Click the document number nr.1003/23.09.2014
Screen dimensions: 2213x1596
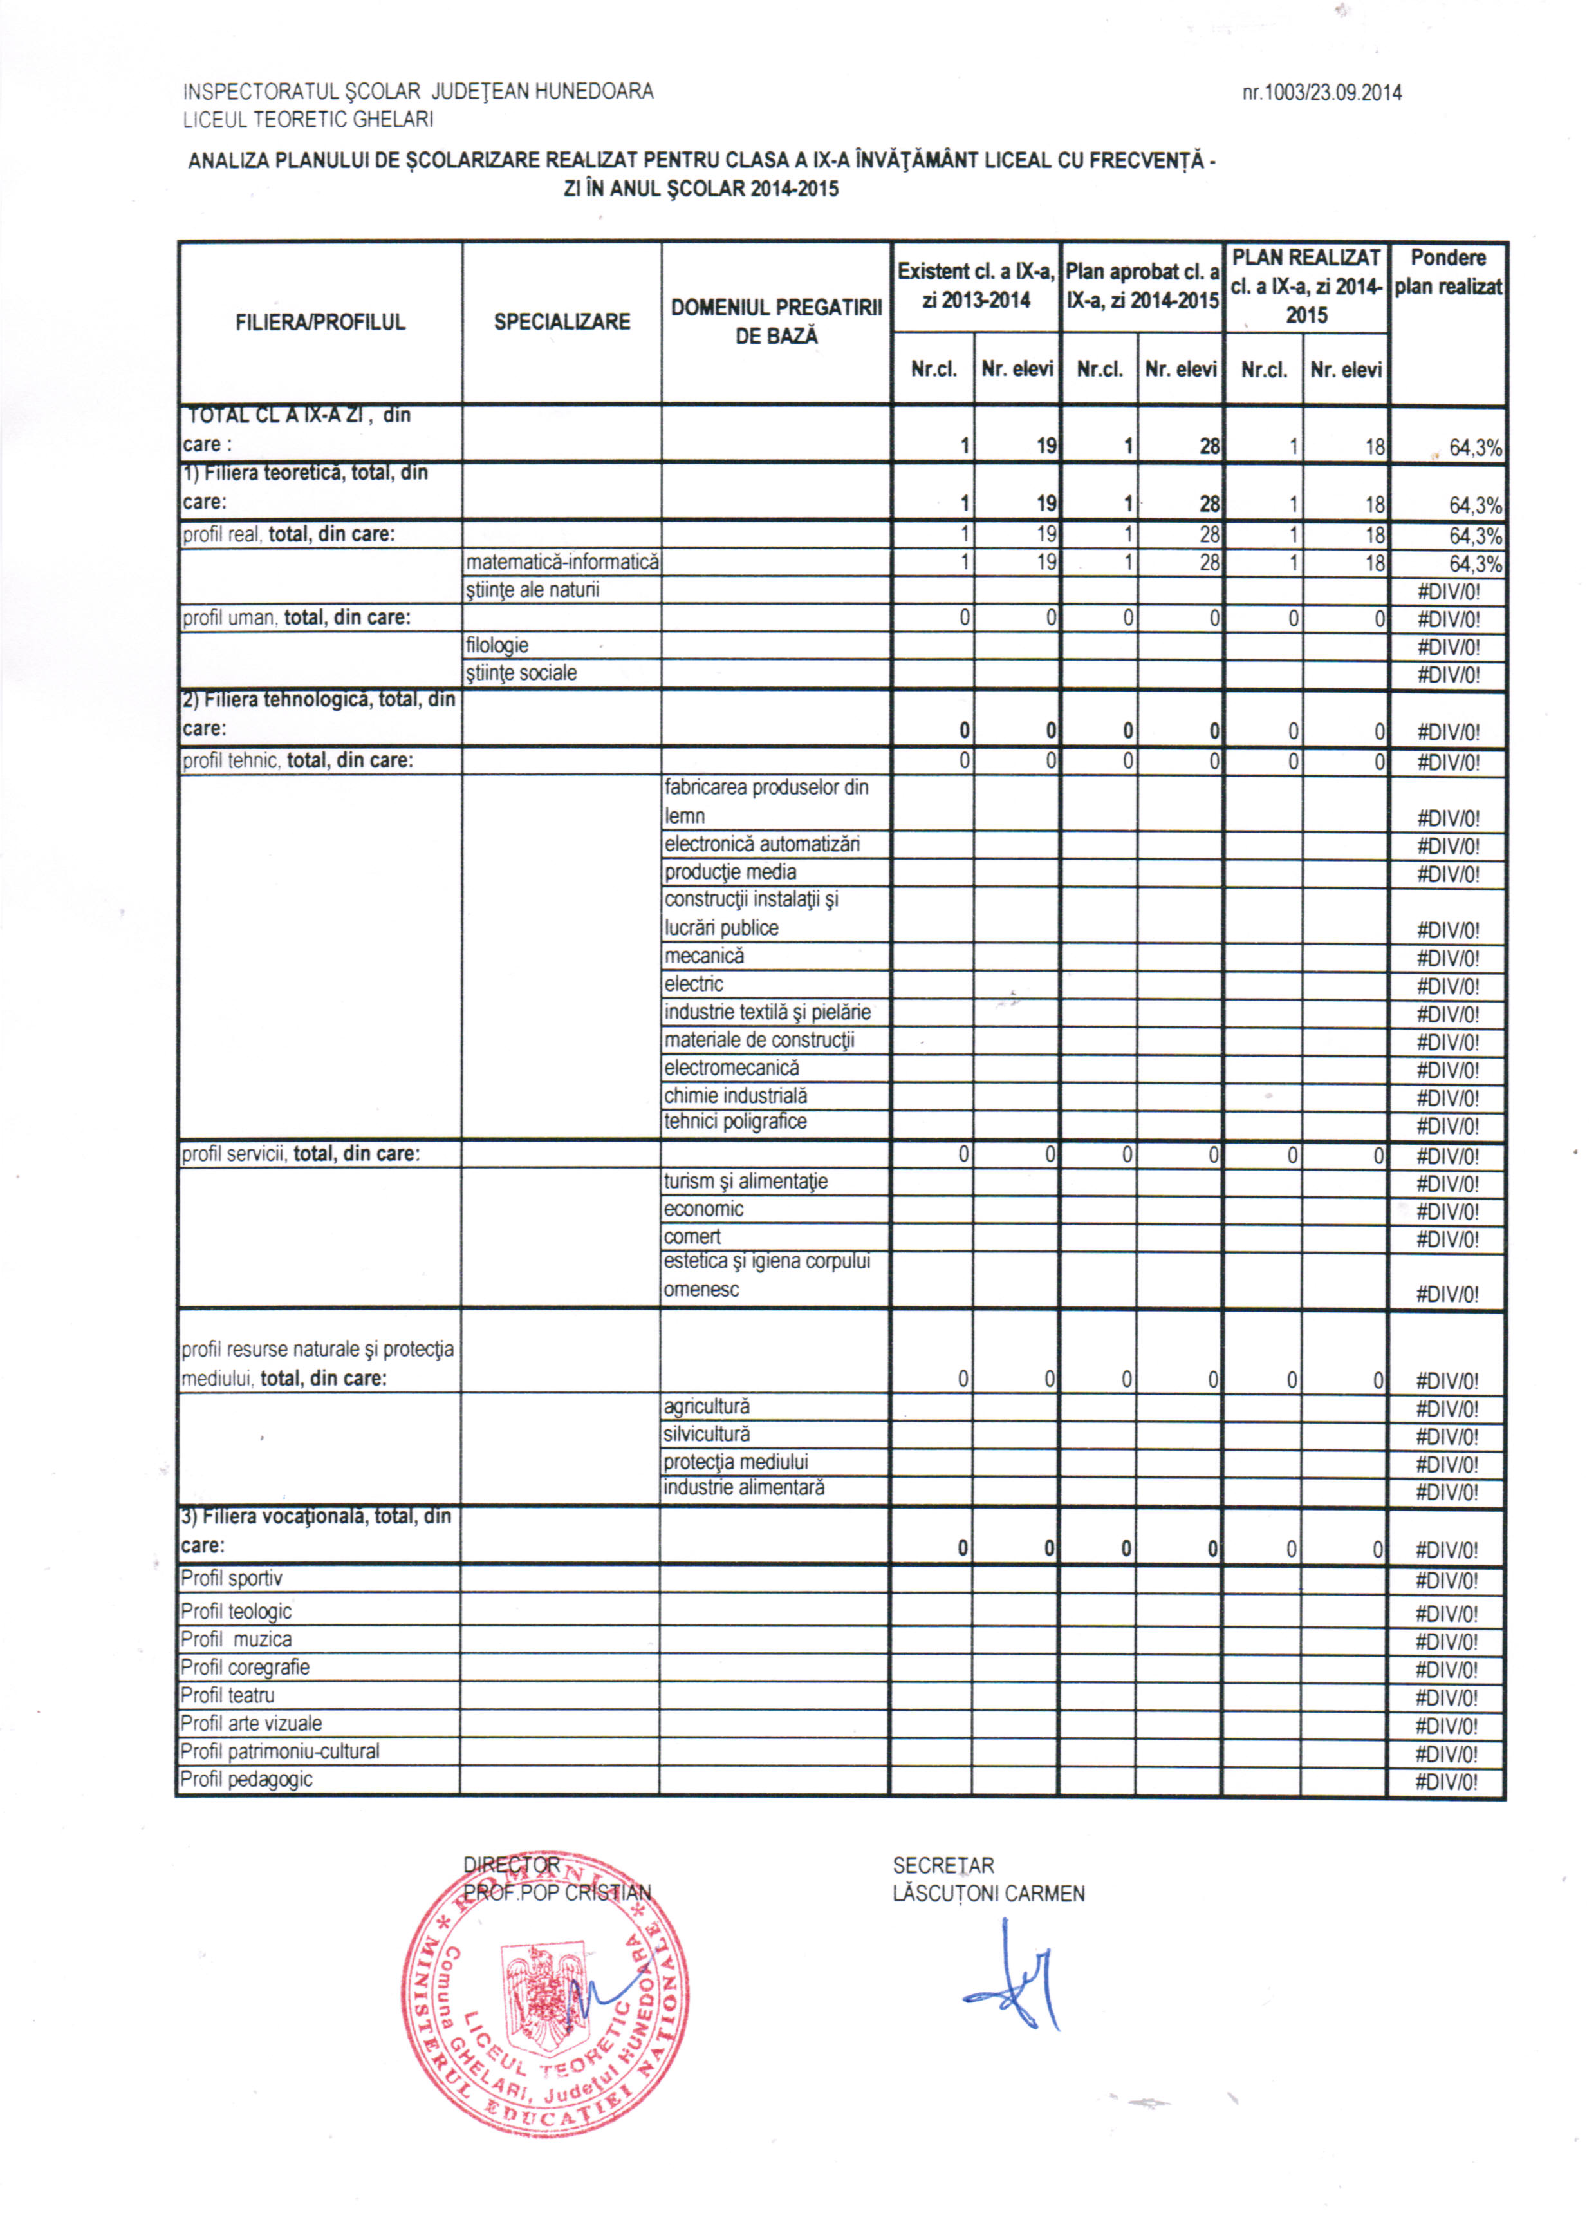tap(1321, 93)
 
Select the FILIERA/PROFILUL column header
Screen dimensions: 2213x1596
tap(320, 322)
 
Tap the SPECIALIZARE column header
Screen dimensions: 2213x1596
tap(562, 322)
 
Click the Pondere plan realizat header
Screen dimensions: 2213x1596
tap(1448, 272)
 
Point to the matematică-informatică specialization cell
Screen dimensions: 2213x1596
tap(562, 563)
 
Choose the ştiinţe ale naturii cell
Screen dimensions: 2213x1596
tap(533, 590)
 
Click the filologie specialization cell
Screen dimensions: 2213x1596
tap(497, 646)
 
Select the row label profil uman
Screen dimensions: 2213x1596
tap(295, 617)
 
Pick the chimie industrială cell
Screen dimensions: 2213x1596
tap(736, 1096)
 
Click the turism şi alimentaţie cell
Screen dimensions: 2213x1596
tap(747, 1182)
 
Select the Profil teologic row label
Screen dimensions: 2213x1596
tap(236, 1611)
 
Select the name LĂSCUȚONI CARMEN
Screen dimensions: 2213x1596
tap(988, 1894)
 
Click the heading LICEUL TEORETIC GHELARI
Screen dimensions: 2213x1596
tap(308, 120)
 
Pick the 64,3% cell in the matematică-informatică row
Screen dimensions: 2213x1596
tap(1474, 565)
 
